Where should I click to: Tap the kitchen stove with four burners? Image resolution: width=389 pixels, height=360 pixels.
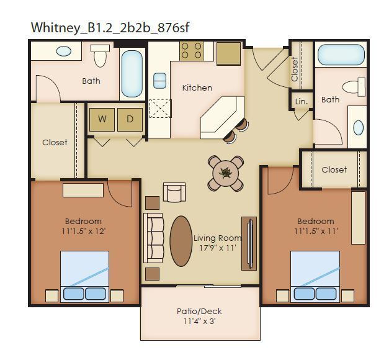click(192, 50)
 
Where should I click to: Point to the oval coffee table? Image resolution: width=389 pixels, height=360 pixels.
click(181, 240)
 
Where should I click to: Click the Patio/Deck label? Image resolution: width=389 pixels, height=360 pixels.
click(199, 311)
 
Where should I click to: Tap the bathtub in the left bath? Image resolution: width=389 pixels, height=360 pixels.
click(132, 73)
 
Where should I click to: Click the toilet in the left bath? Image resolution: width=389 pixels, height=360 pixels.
click(100, 56)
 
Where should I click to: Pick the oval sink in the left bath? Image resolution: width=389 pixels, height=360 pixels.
click(64, 52)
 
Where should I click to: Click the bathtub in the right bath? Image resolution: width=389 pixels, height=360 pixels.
click(341, 55)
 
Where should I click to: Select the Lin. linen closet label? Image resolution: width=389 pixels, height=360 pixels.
click(302, 101)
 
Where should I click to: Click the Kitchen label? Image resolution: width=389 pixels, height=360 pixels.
click(197, 88)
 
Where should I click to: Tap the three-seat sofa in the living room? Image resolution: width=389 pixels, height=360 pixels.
click(153, 237)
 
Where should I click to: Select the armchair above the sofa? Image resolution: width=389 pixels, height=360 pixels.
click(174, 192)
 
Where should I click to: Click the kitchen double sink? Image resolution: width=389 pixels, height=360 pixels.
click(159, 81)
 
